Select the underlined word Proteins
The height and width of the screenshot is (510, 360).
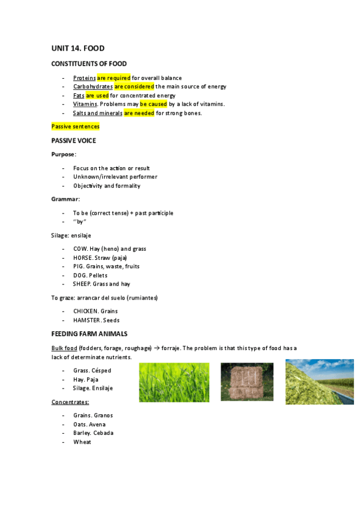click(84, 78)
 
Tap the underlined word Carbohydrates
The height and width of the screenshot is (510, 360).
click(93, 87)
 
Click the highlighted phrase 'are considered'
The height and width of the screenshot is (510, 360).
click(134, 87)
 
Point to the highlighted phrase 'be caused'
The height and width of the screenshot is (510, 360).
click(153, 104)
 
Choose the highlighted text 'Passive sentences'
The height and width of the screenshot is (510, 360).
click(75, 126)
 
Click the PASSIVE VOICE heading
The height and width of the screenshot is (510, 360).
click(73, 141)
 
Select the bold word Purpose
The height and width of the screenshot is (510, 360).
click(63, 155)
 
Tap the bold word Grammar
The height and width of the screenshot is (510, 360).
click(65, 199)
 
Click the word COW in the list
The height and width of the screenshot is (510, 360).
click(80, 249)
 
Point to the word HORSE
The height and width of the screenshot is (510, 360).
click(82, 257)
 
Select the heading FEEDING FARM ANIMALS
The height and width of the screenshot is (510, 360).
click(89, 334)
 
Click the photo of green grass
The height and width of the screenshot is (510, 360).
click(174, 382)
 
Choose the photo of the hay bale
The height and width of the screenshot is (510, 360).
click(246, 381)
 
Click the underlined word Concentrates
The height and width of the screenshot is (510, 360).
click(70, 402)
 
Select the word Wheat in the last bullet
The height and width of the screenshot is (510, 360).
click(82, 442)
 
